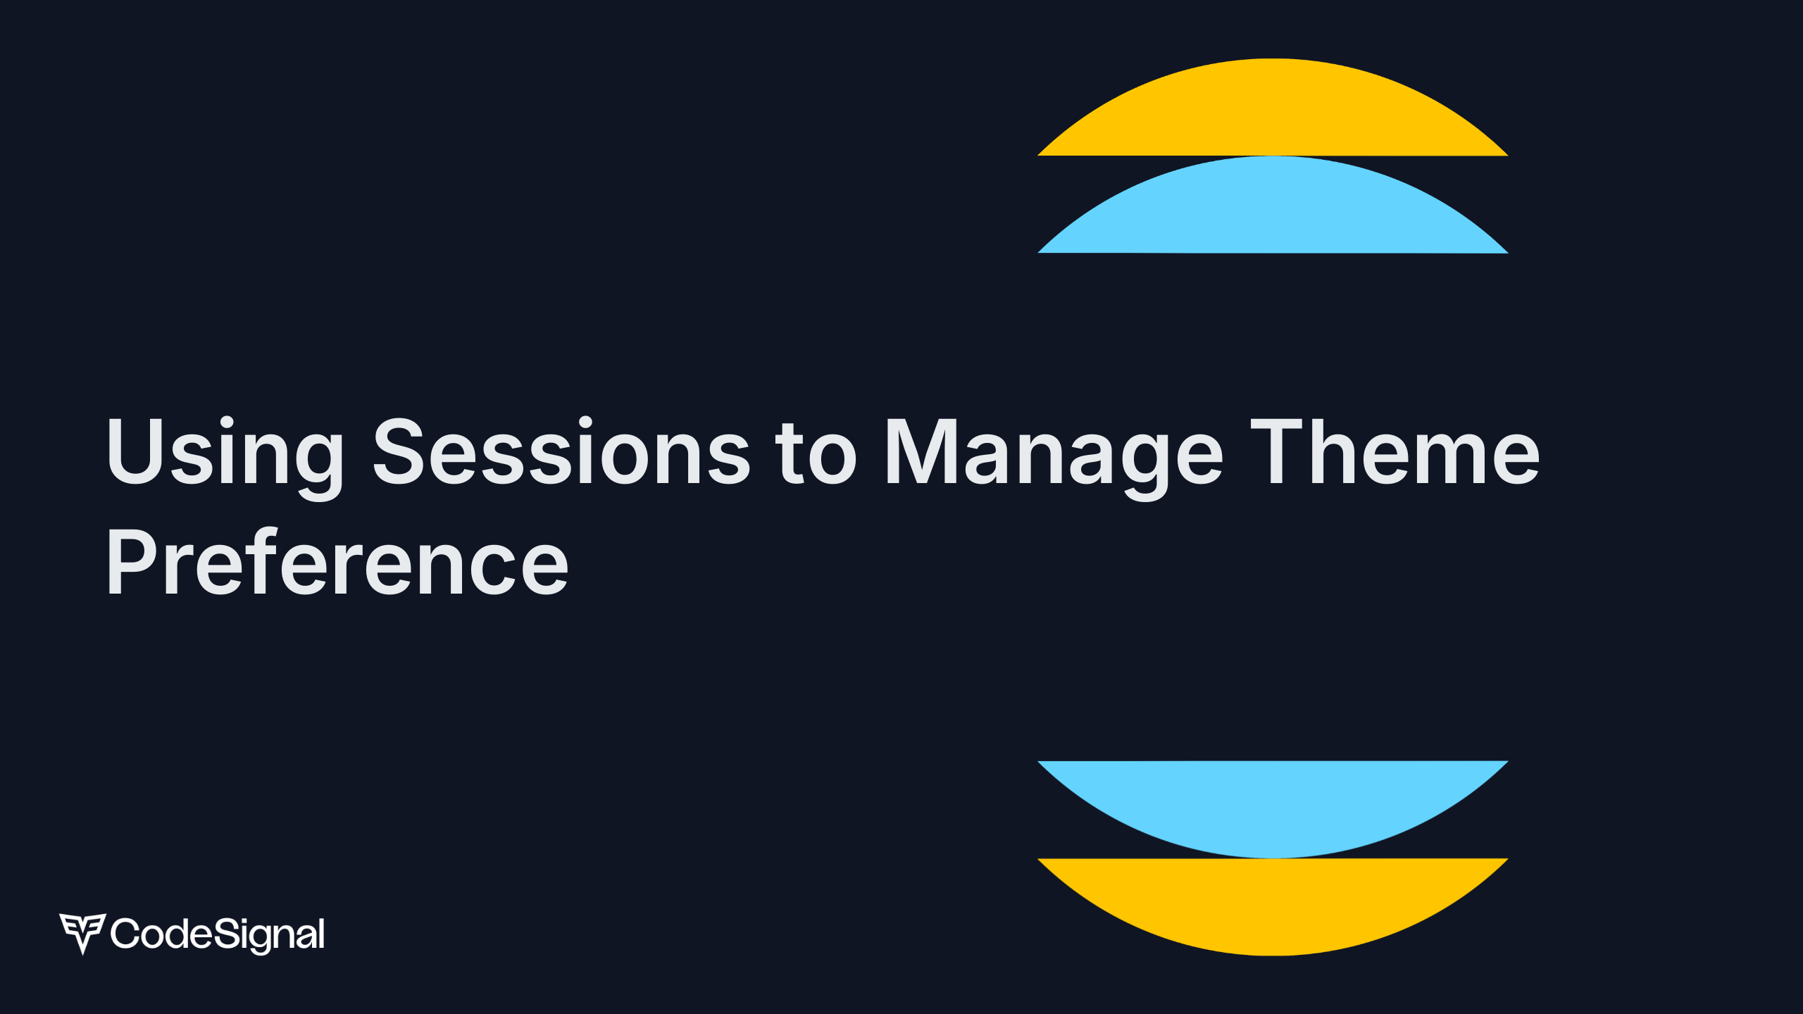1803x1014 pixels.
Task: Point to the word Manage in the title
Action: click(1054, 458)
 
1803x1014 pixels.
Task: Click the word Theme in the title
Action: click(1395, 451)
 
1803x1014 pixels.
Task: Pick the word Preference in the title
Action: click(337, 561)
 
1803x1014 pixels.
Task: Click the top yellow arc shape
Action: click(1273, 107)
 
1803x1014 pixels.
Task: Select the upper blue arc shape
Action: click(1273, 205)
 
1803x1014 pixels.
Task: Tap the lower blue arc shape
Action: click(1273, 809)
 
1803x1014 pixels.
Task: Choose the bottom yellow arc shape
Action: click(1273, 906)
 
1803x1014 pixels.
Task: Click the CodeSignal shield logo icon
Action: click(82, 934)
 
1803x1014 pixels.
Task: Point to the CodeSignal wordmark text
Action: click(218, 935)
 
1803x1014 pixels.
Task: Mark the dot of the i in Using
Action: click(226, 423)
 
